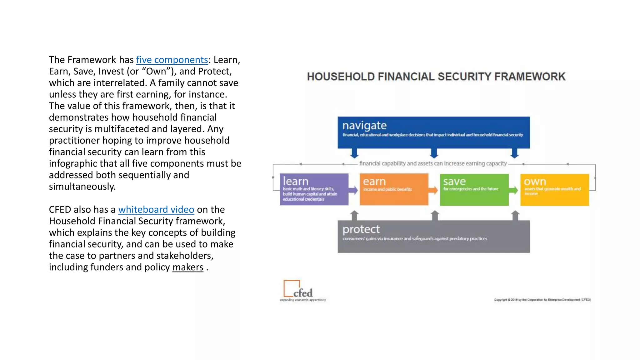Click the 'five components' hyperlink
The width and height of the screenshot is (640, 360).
click(172, 60)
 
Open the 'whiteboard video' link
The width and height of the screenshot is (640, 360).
click(156, 209)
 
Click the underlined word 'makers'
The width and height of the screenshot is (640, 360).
click(187, 267)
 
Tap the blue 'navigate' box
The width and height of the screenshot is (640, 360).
click(433, 132)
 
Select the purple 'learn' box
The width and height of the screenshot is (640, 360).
click(314, 189)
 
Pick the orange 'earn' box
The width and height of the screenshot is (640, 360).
click(394, 189)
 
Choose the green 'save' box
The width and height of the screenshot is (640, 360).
click(474, 189)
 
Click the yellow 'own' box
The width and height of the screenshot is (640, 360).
click(554, 189)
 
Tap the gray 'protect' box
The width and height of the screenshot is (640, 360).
click(433, 236)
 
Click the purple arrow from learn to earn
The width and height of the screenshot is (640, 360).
click(353, 190)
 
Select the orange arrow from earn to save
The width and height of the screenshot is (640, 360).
click(433, 190)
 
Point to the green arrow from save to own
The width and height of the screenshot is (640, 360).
click(514, 190)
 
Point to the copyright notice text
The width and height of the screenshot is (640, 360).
click(542, 300)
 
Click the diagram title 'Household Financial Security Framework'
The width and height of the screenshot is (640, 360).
click(436, 77)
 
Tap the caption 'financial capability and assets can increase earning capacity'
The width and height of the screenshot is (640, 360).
click(433, 163)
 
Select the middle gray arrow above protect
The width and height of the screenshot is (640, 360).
click(435, 216)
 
